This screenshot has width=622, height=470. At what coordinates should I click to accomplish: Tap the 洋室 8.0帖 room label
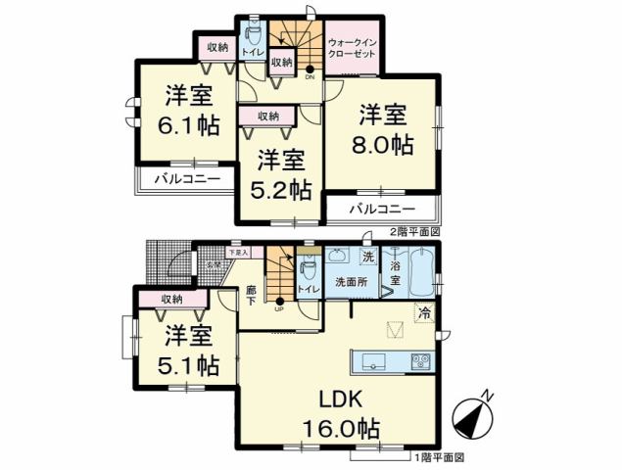point(382,129)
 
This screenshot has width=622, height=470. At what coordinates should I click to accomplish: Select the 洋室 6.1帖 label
point(189,110)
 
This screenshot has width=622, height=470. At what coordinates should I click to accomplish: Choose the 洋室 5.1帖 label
point(190,350)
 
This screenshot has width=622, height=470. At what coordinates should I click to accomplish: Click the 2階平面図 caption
point(415,232)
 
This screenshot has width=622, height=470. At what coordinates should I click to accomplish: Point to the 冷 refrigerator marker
point(424,313)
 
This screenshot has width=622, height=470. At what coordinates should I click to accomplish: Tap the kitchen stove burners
point(421,361)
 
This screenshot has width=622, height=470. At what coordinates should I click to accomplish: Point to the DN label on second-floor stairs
point(310,76)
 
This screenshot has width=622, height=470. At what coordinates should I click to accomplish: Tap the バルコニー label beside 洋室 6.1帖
point(184,179)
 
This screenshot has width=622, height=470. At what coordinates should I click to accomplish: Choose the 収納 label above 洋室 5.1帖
point(172,300)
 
